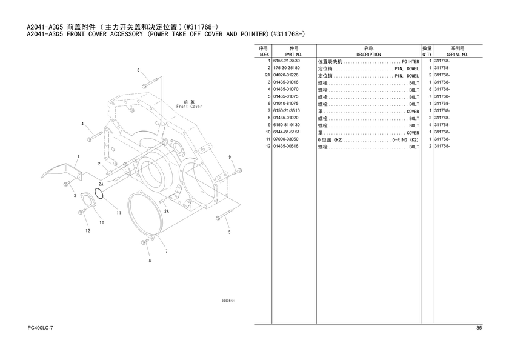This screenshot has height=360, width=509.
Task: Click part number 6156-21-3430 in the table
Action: coord(286,61)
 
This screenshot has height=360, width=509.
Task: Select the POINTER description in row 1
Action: coord(410,62)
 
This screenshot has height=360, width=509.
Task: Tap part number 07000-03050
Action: coord(285,139)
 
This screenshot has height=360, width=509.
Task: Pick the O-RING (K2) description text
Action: coord(405,140)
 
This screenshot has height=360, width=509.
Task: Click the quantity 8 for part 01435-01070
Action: coord(430,89)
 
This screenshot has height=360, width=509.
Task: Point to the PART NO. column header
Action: coord(293,55)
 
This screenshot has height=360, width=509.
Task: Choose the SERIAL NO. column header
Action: coord(457,55)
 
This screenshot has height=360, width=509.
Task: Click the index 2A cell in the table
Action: coord(267,75)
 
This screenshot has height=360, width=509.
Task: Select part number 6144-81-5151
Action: coord(286,132)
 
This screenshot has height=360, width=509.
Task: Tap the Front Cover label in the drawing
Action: coord(189,107)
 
